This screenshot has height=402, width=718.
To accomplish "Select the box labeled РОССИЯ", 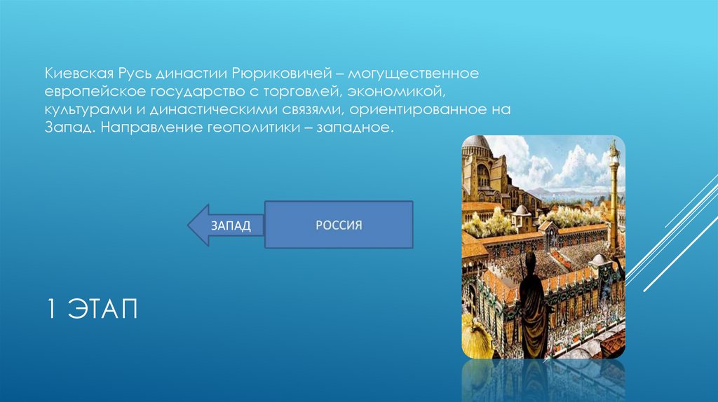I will tap(338, 225).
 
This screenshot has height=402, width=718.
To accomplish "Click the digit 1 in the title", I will tap(52, 309).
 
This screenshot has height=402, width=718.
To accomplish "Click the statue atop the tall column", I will tap(614, 149).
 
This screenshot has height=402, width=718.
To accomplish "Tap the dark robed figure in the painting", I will tap(533, 308).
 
